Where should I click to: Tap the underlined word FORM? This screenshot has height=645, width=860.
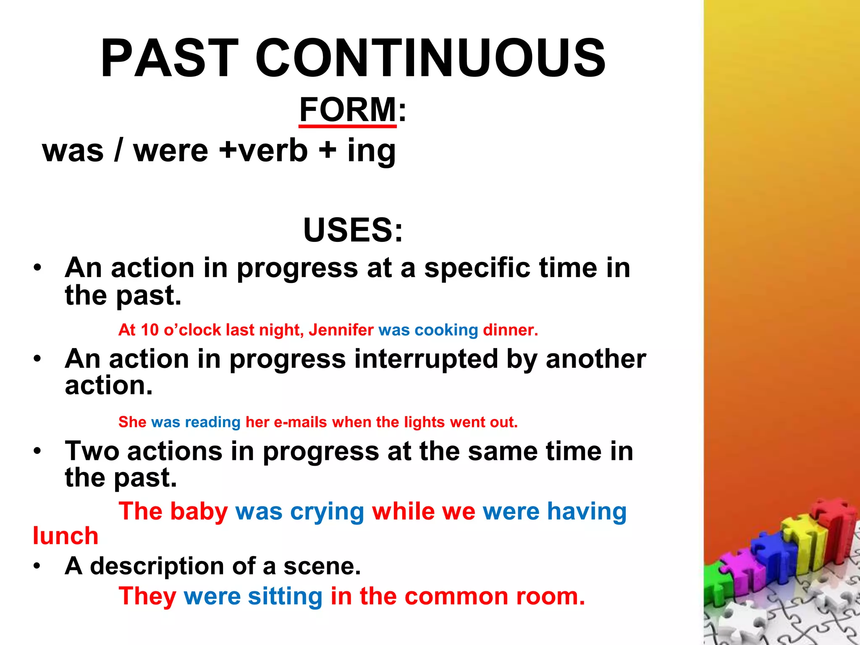(x=348, y=110)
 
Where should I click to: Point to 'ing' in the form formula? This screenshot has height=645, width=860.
(x=371, y=151)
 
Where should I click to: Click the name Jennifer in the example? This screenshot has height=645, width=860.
(x=341, y=330)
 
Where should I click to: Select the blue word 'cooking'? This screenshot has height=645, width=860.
(x=446, y=330)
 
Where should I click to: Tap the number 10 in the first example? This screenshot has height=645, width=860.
(x=149, y=330)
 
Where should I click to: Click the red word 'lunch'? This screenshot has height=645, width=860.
(x=66, y=536)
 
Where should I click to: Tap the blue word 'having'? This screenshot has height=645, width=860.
(x=586, y=512)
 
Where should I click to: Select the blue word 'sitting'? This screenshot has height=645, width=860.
(x=285, y=596)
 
